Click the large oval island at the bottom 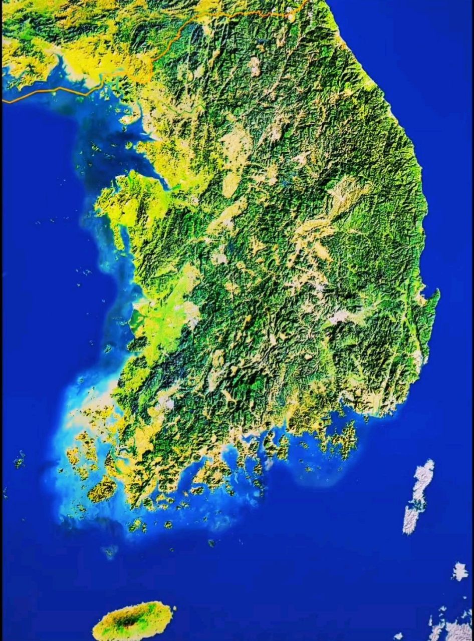133,621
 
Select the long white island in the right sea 418,496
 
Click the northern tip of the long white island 427,462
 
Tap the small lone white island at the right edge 459,571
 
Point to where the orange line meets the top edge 306,2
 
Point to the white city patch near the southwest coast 165,401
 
